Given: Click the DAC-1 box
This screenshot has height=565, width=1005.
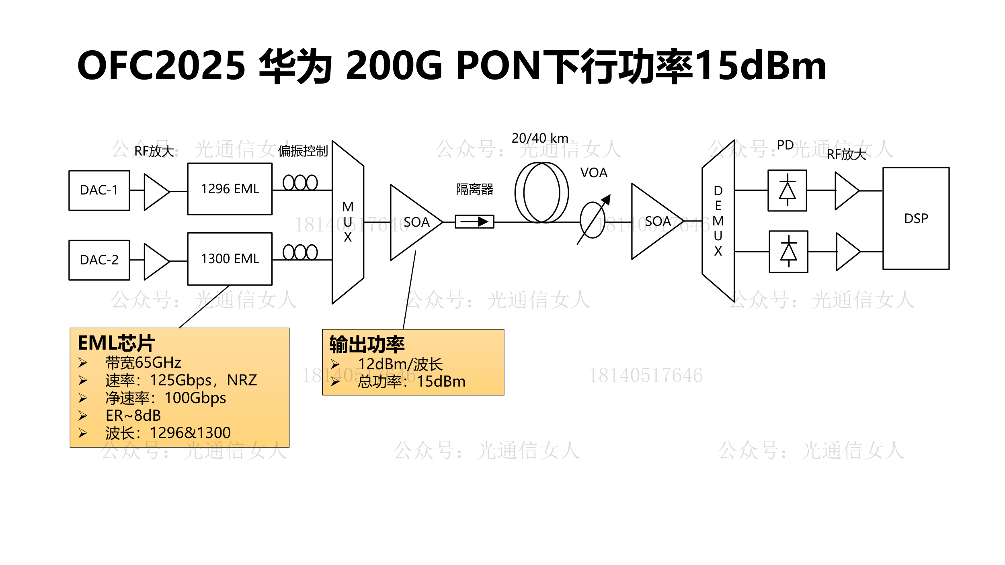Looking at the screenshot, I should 99,190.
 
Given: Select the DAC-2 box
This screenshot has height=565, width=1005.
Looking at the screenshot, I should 99,260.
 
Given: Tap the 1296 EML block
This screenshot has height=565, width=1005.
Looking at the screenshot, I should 230,189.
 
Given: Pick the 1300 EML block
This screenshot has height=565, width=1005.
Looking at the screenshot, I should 230,259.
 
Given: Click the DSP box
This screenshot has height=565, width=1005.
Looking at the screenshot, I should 916,219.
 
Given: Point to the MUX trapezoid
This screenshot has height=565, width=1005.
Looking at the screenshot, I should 348,222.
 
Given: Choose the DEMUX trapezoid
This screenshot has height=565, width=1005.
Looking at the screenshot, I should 718,221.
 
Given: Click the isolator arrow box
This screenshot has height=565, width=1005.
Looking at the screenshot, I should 474,221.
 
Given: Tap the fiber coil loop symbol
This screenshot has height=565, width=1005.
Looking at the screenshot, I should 541,192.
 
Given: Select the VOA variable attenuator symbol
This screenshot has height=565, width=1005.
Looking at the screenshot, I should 593,220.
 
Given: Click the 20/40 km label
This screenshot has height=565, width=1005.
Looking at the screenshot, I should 539,138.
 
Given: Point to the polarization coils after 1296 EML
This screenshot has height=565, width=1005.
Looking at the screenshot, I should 300,183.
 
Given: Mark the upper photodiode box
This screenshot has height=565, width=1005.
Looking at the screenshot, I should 787,190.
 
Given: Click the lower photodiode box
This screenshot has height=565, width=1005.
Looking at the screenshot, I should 788,252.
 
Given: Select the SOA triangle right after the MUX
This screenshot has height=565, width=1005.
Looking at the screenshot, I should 414,222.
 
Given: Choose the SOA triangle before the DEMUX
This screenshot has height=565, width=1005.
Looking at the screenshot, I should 655,221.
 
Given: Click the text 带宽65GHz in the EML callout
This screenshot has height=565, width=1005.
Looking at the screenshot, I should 143,362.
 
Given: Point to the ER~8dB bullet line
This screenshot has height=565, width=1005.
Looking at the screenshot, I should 133,415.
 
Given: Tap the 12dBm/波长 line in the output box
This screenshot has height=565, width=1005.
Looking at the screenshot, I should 400,364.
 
